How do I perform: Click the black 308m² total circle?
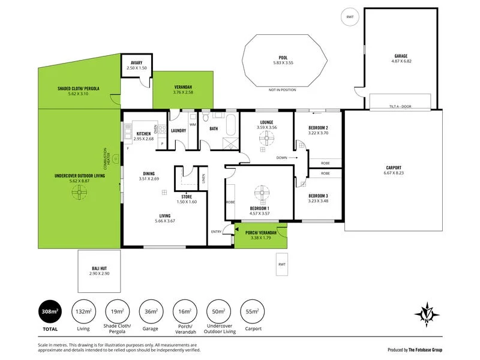coord(50,311)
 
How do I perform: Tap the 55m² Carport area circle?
coord(252,311)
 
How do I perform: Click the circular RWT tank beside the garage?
coord(350,17)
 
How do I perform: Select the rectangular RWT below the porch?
coord(282,265)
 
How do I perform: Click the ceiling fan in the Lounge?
coord(266,138)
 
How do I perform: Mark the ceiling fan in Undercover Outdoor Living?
coord(79,193)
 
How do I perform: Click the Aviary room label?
coord(136,63)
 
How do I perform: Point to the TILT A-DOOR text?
coord(400,107)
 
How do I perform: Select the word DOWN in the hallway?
coord(281,158)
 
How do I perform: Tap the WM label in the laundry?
coord(193,124)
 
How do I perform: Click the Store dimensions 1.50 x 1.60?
coord(186,202)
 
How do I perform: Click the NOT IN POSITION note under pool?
coord(282,89)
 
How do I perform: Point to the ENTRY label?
coord(217,232)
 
